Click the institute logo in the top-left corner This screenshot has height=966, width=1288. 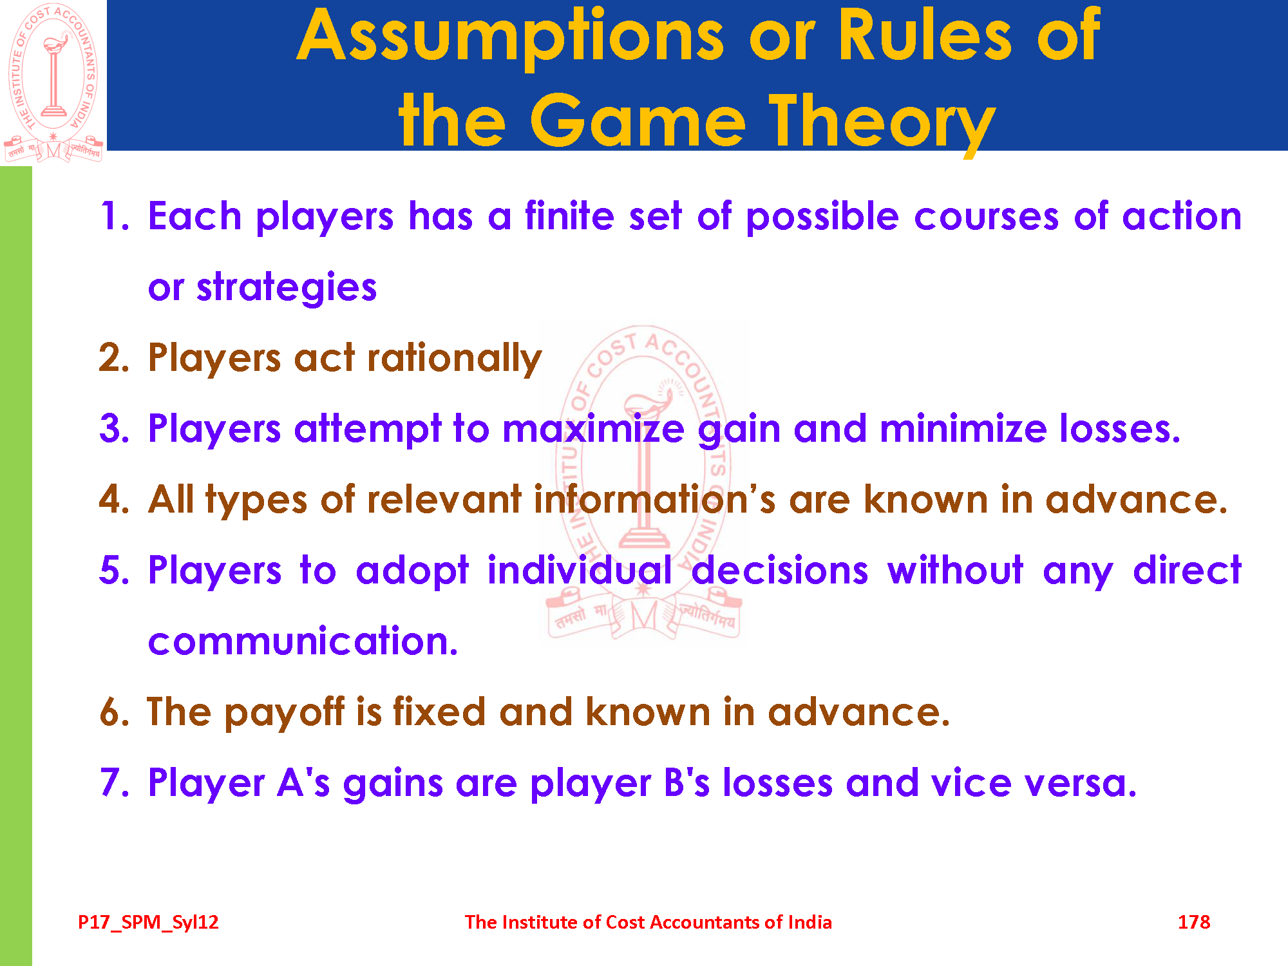(53, 82)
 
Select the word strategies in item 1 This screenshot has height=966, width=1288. (287, 287)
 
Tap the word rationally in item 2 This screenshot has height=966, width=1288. (455, 358)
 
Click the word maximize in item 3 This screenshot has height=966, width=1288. (593, 428)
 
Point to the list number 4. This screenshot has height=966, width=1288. (114, 499)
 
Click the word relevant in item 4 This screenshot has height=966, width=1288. (444, 499)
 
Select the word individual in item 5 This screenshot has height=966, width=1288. (580, 570)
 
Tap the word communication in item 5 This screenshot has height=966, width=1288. (303, 641)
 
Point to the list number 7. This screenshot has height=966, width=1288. (114, 782)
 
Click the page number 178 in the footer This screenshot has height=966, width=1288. (1193, 922)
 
